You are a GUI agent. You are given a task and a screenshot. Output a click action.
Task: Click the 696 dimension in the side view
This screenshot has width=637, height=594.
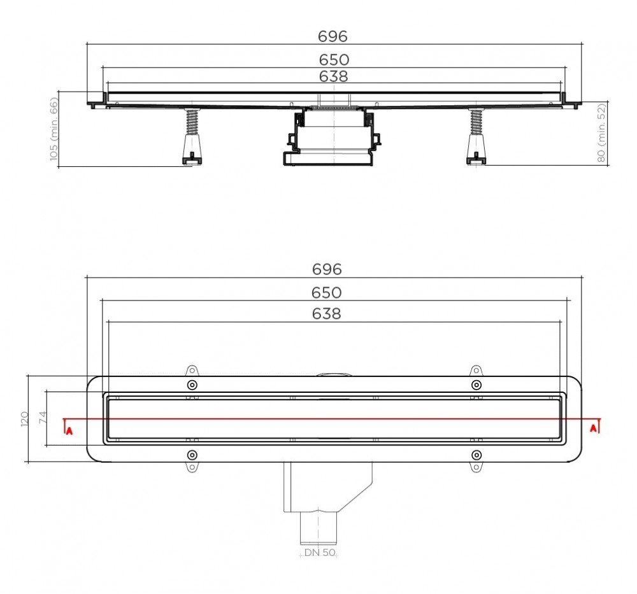tap(333, 36)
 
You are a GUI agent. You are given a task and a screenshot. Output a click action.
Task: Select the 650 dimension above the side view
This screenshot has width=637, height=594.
tap(334, 60)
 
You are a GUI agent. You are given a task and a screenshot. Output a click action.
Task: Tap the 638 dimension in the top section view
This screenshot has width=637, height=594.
tap(334, 76)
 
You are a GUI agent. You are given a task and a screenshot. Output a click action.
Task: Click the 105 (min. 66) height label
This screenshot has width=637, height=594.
tap(54, 129)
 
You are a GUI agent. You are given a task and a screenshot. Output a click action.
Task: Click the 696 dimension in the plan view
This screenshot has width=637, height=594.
tap(327, 269)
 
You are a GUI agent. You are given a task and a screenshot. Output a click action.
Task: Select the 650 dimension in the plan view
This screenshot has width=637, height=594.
tap(327, 293)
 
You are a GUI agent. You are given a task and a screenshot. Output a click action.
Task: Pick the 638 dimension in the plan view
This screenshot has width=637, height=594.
tap(327, 314)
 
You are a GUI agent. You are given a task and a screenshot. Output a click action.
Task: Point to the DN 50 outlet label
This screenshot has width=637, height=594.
tap(319, 553)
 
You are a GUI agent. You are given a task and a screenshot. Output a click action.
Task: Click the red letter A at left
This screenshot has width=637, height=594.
tap(69, 430)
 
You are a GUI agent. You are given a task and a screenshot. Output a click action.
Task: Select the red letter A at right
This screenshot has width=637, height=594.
tap(594, 428)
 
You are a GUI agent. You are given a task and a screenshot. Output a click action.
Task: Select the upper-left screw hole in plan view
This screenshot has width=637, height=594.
tap(192, 385)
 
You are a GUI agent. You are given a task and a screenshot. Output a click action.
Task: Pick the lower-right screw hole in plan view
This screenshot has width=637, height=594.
tap(476, 455)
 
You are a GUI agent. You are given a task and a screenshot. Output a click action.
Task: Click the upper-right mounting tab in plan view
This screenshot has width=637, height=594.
tap(476, 371)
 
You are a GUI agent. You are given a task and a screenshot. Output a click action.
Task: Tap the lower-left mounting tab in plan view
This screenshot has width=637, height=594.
tap(192, 469)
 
